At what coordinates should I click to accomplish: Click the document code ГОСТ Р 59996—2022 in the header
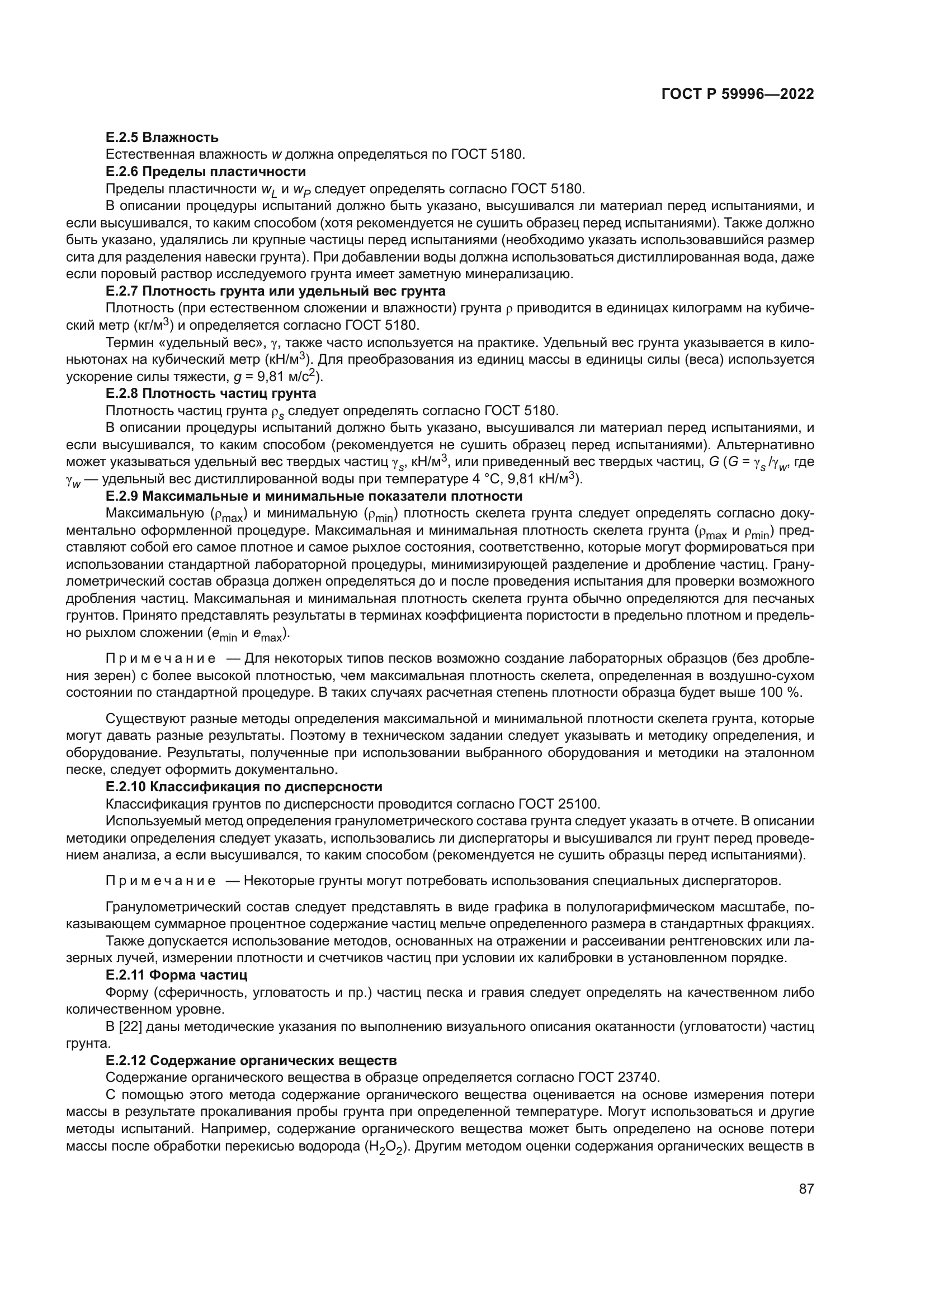coord(738,94)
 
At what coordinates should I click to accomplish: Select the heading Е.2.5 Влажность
coord(162,137)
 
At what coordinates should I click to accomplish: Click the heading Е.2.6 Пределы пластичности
coord(206,172)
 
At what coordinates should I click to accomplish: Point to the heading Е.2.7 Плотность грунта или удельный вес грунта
coord(275,292)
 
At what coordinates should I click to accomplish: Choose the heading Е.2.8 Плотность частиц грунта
coord(211,393)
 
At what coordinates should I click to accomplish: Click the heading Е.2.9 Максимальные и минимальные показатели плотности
coord(314,496)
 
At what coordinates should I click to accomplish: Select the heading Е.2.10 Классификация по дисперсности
coord(244,787)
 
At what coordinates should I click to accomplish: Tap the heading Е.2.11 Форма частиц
coord(177,975)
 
